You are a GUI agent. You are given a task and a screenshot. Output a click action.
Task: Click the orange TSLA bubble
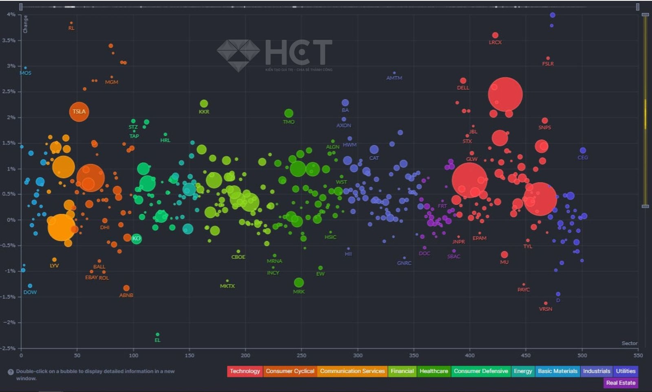[x=79, y=111]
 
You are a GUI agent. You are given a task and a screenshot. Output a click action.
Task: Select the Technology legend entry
[x=244, y=371]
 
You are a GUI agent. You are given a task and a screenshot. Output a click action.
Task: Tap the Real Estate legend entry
[x=621, y=383]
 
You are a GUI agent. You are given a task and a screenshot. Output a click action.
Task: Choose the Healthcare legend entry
[x=434, y=371]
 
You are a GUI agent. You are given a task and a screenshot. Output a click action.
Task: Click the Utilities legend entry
[x=626, y=371]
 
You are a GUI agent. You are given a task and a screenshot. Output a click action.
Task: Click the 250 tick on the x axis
[x=302, y=355]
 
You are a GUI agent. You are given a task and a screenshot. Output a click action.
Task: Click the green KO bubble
[x=137, y=239]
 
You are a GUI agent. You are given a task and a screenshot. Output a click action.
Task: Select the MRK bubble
[x=299, y=282]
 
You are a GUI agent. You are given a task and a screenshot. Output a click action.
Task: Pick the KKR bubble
[x=204, y=104]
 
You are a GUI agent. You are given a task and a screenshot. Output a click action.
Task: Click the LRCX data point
[x=495, y=35]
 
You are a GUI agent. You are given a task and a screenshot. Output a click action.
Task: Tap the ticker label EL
[x=158, y=340]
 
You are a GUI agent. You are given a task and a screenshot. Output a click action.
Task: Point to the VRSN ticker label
[x=546, y=309]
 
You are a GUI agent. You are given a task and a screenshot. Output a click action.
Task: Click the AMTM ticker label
[x=394, y=78]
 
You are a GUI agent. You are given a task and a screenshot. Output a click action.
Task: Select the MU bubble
[x=504, y=255]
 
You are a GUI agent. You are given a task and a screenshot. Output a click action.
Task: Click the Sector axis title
[x=629, y=343]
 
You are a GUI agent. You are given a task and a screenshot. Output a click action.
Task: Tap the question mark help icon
[x=11, y=372]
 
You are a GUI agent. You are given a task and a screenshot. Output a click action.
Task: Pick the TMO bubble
[x=289, y=113]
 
